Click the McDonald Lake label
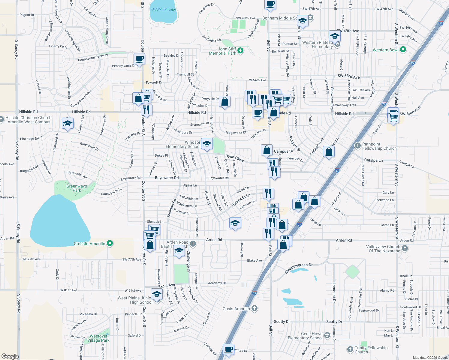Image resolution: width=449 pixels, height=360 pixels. click(x=163, y=9)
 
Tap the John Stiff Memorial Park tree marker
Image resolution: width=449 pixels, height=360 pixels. click(x=240, y=51)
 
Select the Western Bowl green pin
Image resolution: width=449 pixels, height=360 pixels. click(x=403, y=50)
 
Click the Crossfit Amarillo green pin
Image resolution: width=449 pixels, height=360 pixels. click(x=110, y=243)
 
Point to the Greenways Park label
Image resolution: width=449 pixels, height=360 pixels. click(x=77, y=188)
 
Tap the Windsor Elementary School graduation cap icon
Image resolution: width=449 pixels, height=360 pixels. click(x=207, y=144)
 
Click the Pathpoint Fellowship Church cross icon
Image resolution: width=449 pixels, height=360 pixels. click(x=357, y=146)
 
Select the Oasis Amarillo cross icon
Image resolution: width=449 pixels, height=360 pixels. click(x=255, y=308)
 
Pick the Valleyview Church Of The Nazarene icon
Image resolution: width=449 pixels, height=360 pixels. click(x=405, y=248)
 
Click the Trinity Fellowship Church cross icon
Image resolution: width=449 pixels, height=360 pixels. click(x=350, y=349)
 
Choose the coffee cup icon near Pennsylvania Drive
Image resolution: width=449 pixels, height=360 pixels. click(x=139, y=58)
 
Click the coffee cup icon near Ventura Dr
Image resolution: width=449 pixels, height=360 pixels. click(x=229, y=349)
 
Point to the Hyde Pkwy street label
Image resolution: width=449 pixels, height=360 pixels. click(x=235, y=158)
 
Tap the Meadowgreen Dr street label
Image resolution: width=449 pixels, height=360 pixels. click(x=299, y=268)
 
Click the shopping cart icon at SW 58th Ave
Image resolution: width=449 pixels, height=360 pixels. click(x=393, y=116)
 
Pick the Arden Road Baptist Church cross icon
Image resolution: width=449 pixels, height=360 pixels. click(x=193, y=244)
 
